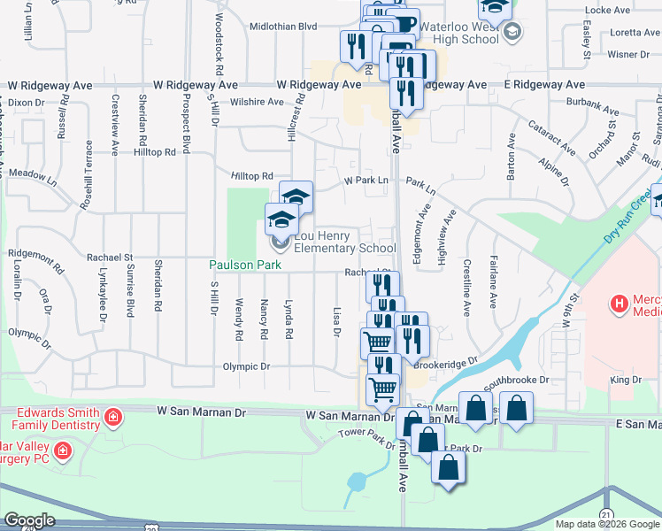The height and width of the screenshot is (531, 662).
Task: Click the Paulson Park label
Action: pyautogui.click(x=239, y=265)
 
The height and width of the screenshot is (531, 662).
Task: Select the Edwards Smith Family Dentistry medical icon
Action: pyautogui.click(x=112, y=416)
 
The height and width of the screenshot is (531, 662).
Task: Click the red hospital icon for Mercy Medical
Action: pyautogui.click(x=620, y=304)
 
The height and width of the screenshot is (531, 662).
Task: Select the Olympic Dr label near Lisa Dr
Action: pyautogui.click(x=245, y=366)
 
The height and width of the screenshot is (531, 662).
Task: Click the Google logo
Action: pyautogui.click(x=29, y=519)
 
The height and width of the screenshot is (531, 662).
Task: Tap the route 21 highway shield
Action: pyautogui.click(x=605, y=514)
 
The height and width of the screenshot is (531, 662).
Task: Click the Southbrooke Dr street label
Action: pyautogui.click(x=515, y=380)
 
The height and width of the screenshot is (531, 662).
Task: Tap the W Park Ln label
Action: pyautogui.click(x=366, y=181)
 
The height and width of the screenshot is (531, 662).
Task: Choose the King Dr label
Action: pyautogui.click(x=624, y=380)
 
